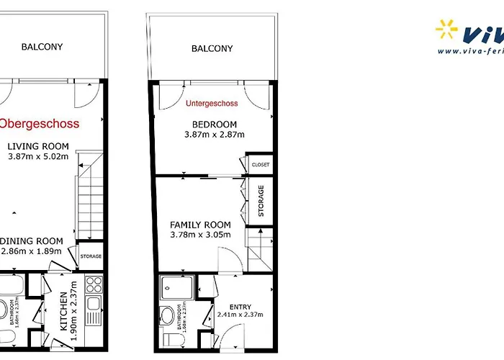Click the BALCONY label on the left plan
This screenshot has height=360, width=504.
(x=42, y=47)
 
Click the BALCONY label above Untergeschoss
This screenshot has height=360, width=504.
(x=212, y=49)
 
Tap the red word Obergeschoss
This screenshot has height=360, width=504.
(x=40, y=124)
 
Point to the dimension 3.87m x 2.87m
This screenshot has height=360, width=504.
(x=215, y=135)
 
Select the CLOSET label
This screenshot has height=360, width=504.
(x=261, y=165)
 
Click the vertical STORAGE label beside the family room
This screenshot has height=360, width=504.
(x=261, y=201)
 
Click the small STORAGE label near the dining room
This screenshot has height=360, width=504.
(x=91, y=256)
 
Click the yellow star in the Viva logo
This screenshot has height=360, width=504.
(x=447, y=31)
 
